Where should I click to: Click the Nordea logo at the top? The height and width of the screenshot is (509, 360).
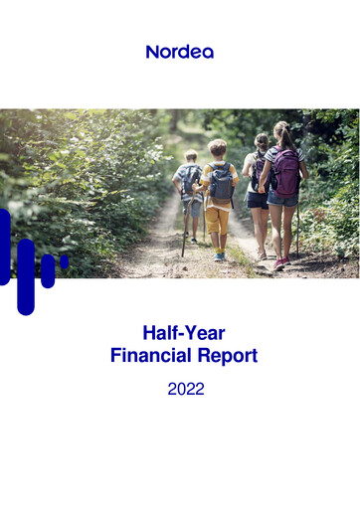pos(179,51)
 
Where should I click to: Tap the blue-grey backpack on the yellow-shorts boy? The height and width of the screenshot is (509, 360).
pos(221,183)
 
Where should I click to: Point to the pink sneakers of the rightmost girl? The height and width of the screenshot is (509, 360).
pos(280,264)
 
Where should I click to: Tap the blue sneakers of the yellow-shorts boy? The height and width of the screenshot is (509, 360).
pos(220,256)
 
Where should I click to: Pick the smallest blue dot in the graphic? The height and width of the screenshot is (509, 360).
pos(64,262)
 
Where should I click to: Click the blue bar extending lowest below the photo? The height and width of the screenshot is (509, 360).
pos(26,278)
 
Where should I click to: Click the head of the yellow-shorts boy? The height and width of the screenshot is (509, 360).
pos(217,148)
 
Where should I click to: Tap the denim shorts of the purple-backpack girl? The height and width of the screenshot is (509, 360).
pos(282,199)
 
